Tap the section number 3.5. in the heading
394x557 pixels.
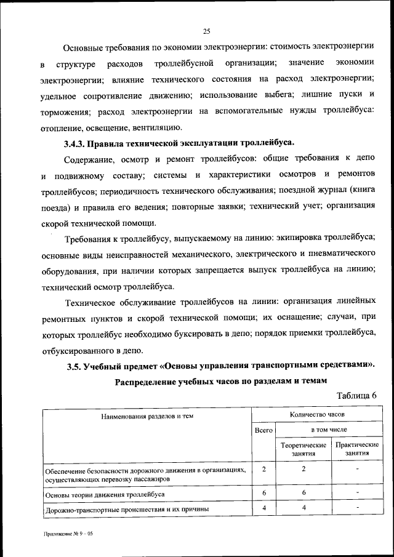(78, 366)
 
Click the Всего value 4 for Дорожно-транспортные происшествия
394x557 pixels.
(263, 508)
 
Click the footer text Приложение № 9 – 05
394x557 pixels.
(67, 535)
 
